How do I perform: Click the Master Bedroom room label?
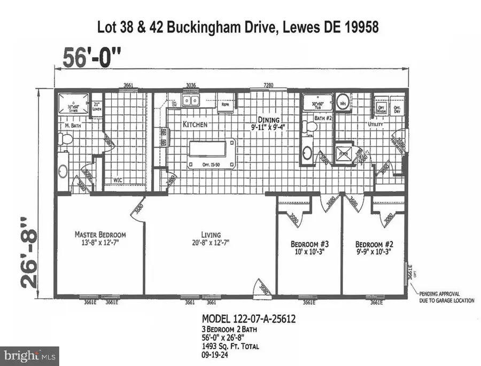(x=100, y=235)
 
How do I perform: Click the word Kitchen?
(x=195, y=124)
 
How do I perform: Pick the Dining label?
(x=269, y=120)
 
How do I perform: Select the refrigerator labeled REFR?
(x=227, y=103)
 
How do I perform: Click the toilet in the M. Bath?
(x=66, y=139)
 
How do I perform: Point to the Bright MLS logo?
(x=30, y=355)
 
